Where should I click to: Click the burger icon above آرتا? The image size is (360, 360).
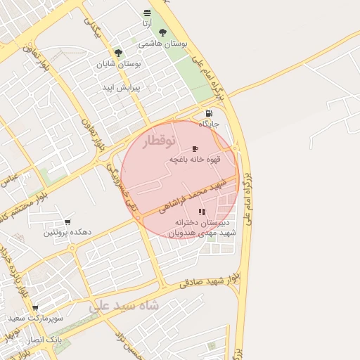146,13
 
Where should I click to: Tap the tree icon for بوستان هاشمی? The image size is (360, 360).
163,32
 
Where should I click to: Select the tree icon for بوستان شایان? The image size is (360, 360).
118,52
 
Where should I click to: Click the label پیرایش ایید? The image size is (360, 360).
122,88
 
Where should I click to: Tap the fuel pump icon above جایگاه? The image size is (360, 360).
209,113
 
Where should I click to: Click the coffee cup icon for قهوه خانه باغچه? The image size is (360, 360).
195,148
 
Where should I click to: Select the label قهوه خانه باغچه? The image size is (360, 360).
195,160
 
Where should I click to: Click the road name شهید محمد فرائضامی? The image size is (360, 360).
191,196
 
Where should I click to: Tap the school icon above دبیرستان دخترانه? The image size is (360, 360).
202,212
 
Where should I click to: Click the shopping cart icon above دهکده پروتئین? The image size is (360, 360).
67,222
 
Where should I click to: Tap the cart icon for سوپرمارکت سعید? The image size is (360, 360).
35,308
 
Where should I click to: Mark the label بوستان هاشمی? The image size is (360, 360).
164,44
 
